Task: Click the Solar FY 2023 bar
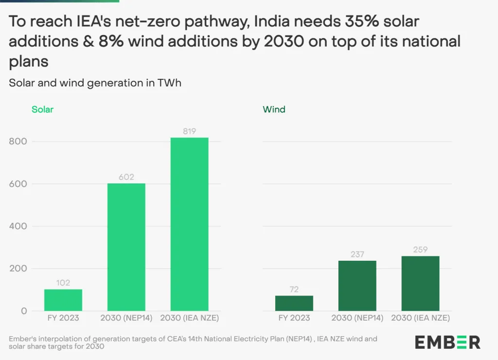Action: (63, 300)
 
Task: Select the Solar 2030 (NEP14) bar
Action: (126, 247)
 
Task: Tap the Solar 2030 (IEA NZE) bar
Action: (190, 224)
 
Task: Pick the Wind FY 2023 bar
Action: (294, 303)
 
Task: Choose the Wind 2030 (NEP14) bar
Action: (357, 286)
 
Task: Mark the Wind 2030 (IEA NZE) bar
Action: (421, 283)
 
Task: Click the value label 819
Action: (190, 131)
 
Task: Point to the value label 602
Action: (126, 177)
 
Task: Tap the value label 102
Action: (63, 283)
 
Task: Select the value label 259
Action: (421, 250)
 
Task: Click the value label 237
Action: (357, 254)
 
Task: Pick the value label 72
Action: (294, 289)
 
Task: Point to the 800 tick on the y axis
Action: (18, 142)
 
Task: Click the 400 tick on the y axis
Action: (18, 226)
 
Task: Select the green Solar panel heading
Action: (42, 109)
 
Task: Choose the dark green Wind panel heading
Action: (274, 109)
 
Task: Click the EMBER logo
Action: (447, 342)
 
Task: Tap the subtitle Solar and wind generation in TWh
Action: (95, 83)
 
